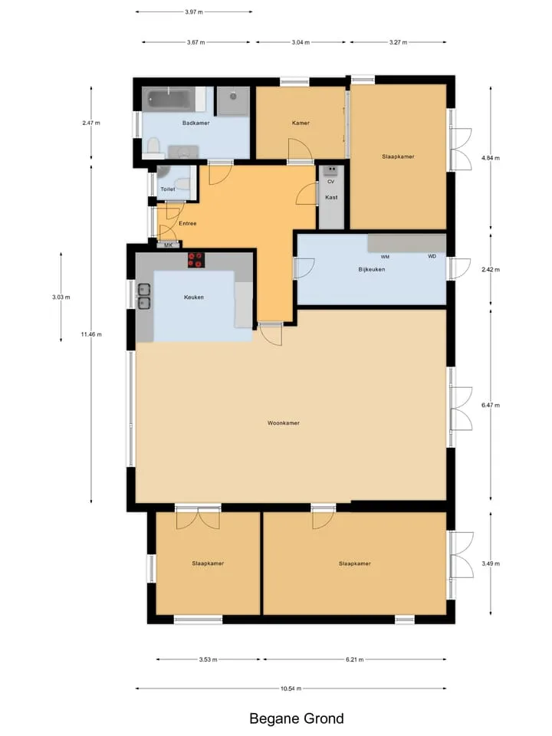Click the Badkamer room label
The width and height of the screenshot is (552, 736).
click(x=195, y=123)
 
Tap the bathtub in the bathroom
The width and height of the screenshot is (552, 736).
click(x=170, y=99)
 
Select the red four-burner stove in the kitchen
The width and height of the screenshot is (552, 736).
click(x=196, y=260)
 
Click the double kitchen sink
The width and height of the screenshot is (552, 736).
click(x=143, y=296)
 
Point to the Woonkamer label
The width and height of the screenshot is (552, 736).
click(x=284, y=423)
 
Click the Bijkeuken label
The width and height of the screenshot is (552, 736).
click(x=372, y=269)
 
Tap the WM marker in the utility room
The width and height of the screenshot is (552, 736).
click(x=385, y=257)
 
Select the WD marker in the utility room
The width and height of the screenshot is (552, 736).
click(x=432, y=256)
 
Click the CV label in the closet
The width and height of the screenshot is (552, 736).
click(x=331, y=182)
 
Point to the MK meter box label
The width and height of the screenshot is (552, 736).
click(x=168, y=245)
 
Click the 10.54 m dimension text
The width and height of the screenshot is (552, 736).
click(x=291, y=688)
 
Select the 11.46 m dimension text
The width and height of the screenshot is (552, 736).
click(x=91, y=334)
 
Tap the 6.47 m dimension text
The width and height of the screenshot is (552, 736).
click(x=491, y=405)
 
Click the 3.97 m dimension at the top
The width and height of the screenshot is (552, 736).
click(x=194, y=11)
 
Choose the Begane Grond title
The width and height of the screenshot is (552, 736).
click(x=297, y=718)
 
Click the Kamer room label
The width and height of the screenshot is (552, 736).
click(x=301, y=123)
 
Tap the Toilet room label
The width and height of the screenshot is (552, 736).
click(x=168, y=189)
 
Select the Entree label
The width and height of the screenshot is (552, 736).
click(x=188, y=223)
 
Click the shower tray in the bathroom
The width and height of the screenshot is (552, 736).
click(x=233, y=100)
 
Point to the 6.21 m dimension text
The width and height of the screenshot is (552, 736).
click(x=355, y=659)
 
